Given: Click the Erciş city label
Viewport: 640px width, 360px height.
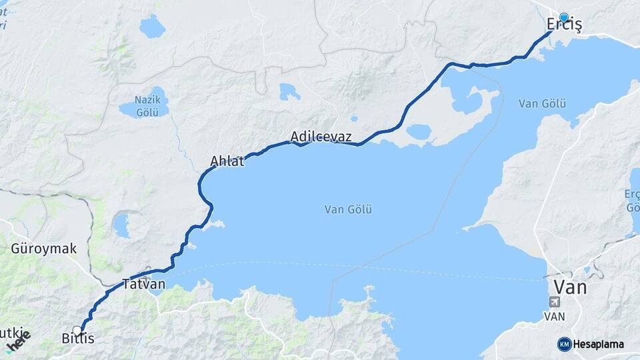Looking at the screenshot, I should tap(564, 25).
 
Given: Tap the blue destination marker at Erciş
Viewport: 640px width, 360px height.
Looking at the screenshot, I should tap(564, 17).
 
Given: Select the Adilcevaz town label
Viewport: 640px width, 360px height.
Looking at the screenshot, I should tap(321, 136).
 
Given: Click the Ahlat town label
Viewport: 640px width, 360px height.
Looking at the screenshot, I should tap(229, 161).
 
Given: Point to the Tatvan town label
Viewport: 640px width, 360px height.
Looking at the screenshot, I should tap(143, 284).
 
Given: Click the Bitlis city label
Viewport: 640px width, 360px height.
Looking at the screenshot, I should tap(78, 339).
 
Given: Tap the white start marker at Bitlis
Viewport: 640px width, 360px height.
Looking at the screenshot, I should tap(77, 330).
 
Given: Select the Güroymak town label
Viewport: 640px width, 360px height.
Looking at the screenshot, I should tap(43, 249).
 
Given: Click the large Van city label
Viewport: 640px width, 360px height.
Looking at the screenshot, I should tap(570, 287).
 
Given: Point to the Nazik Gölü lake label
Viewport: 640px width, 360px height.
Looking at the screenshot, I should tap(147, 106).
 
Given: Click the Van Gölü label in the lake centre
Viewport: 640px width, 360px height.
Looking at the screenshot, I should tap(348, 209).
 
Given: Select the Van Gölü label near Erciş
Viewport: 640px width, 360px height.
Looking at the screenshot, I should tap(542, 103).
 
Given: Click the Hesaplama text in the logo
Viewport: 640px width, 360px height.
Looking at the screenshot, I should tap(599, 344).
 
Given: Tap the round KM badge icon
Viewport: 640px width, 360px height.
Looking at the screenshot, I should tap(565, 344).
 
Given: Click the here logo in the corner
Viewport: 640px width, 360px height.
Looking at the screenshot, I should tap(18, 341).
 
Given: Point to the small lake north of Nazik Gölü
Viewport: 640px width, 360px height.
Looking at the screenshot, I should tap(152, 27).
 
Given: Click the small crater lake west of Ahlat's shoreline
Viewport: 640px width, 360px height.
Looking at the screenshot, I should tap(121, 225).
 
